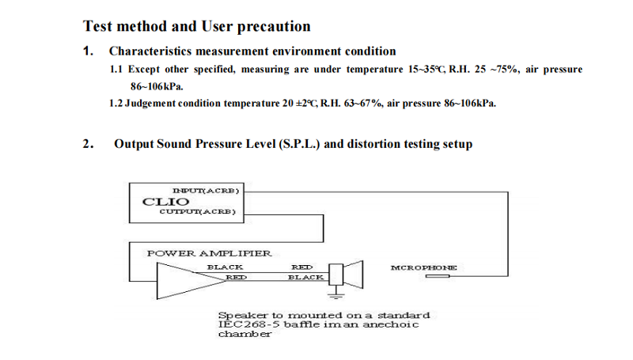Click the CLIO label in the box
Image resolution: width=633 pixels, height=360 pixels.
165,202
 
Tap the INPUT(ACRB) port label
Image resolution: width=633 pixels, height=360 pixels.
206,191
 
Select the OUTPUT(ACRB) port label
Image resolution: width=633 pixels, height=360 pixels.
197,211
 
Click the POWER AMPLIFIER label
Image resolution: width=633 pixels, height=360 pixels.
209,253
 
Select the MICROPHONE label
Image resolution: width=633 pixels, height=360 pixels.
424,267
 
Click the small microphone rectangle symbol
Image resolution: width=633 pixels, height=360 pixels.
438,276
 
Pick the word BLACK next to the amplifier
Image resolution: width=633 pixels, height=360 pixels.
225,267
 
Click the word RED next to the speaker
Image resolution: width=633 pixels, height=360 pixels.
302,267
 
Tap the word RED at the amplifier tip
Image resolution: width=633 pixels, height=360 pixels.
236,277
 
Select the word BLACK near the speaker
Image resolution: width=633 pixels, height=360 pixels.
305,277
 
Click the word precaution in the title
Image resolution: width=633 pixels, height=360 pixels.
274,27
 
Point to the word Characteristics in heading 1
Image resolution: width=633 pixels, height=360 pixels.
150,51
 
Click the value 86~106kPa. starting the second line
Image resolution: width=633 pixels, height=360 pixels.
157,86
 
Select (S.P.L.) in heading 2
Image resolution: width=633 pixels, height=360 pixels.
299,144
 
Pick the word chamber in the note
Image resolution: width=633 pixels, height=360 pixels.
245,334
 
